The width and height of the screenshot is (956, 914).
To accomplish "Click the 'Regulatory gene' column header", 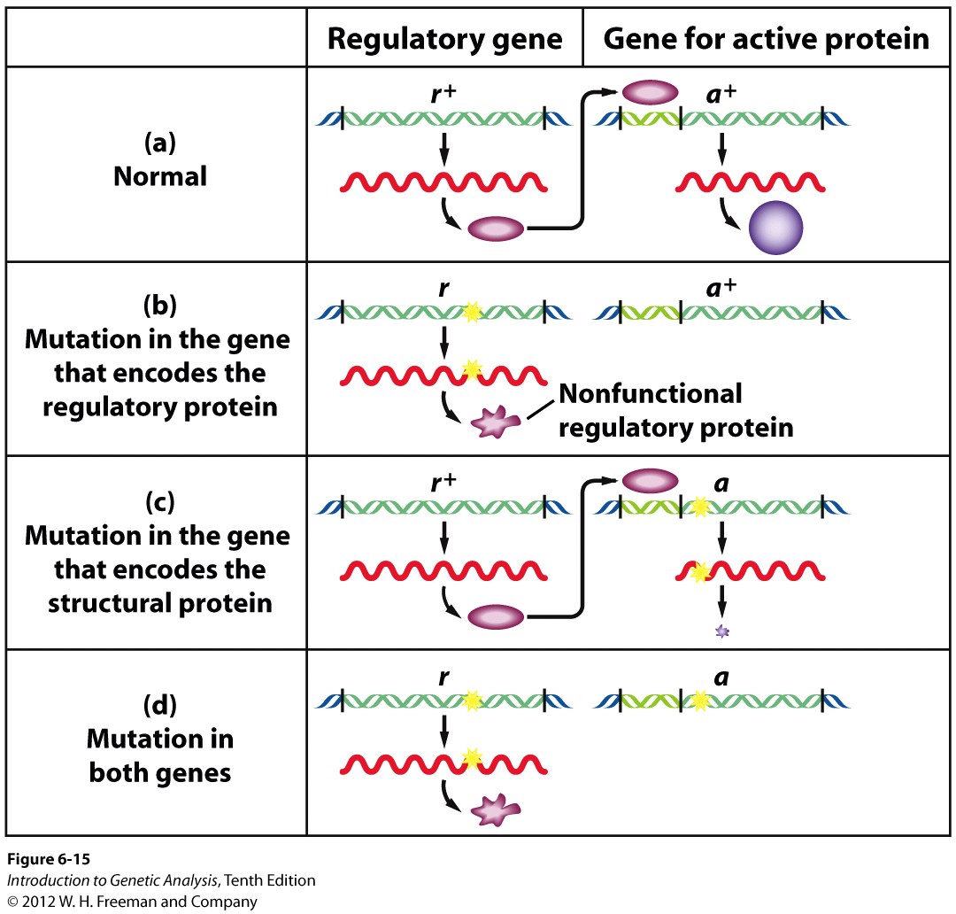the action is tap(444, 39).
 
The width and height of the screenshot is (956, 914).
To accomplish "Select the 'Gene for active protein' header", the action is tap(767, 38).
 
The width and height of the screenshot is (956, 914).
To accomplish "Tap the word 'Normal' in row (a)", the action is tap(159, 176).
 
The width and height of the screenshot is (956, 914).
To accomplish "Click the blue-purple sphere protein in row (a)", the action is tap(775, 227).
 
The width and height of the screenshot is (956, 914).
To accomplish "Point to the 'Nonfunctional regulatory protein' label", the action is tap(676, 411).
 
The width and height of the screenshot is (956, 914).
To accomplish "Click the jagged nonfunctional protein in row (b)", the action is tap(496, 422).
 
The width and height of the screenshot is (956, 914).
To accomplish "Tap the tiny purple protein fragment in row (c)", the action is tap(722, 631).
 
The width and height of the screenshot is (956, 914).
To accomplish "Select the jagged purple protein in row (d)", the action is tap(496, 810).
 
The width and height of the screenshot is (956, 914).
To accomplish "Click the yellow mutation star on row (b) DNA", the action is tap(471, 312).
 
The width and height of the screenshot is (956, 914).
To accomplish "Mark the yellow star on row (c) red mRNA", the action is tap(700, 572).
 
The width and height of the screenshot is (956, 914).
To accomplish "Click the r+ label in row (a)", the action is tap(443, 93).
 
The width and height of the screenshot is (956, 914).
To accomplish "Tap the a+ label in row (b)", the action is tap(721, 287).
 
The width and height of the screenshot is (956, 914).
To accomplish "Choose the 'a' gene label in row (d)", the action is tap(721, 678).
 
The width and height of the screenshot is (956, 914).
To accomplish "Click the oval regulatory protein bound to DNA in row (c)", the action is tap(650, 481).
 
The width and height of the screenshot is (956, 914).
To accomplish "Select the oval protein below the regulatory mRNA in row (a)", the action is tap(496, 228).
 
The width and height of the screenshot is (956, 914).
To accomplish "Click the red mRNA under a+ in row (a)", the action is tap(750, 182).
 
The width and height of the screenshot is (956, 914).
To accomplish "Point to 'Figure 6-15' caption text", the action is tap(49, 859).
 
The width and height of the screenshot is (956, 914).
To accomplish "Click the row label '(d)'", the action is tap(159, 705).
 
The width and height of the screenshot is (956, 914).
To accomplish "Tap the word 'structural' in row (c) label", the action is tap(110, 603).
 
